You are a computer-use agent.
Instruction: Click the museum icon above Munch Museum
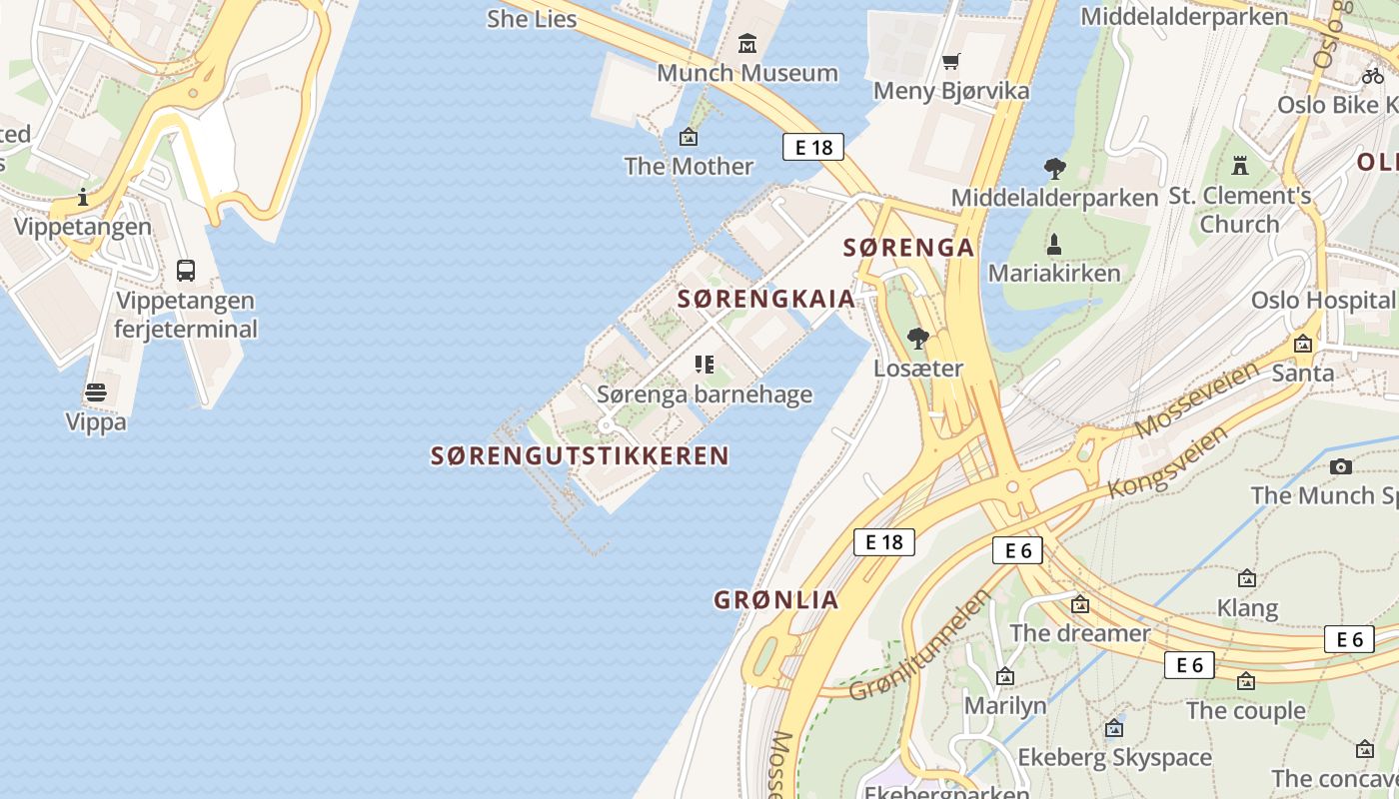point(746,44)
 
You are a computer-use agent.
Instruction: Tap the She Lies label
point(532,18)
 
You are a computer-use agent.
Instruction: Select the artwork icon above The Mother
point(689,137)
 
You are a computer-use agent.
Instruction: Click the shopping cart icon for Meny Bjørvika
point(951,62)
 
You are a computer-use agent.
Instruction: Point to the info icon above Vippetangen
point(83,197)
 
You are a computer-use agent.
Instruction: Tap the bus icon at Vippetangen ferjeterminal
point(186,271)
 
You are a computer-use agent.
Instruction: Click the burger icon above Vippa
point(96,393)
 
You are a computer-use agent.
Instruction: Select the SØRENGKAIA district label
point(766,299)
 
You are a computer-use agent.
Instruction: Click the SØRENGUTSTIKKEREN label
point(580,456)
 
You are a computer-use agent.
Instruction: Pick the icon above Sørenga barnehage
point(704,365)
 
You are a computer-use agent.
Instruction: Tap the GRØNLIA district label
point(775,600)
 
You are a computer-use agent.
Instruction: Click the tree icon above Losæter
point(918,339)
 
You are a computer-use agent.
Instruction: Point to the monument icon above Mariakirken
point(1054,244)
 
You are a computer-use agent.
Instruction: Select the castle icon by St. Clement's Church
point(1240,165)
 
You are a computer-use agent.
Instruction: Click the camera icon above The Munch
point(1341,466)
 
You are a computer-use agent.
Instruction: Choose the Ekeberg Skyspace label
point(1114,758)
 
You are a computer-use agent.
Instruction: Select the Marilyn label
point(1005,706)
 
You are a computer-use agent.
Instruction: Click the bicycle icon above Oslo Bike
point(1373,75)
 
